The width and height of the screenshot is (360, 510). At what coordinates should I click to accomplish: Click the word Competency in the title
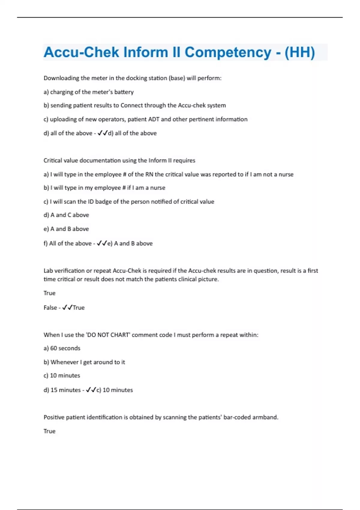coord(228,52)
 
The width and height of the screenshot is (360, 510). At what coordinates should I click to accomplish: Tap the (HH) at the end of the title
coord(299,52)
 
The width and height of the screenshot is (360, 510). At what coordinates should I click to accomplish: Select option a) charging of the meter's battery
coord(88,92)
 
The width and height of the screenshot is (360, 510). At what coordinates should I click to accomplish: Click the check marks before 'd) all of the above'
coord(103,133)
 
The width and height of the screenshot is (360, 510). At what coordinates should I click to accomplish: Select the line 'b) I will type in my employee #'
coord(104,188)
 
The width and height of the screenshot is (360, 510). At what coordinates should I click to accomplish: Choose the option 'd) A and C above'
coord(66,215)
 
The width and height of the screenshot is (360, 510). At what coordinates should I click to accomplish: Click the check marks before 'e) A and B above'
coord(102,244)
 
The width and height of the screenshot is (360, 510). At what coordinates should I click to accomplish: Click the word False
coord(50,308)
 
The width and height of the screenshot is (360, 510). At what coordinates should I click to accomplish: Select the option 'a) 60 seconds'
coord(62,348)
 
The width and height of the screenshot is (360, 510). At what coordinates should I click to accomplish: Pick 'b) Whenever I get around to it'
coord(84,362)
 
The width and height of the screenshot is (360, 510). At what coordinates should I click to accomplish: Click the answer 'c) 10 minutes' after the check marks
coord(115,390)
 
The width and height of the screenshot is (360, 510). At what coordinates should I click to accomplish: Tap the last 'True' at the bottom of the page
coord(49,431)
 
